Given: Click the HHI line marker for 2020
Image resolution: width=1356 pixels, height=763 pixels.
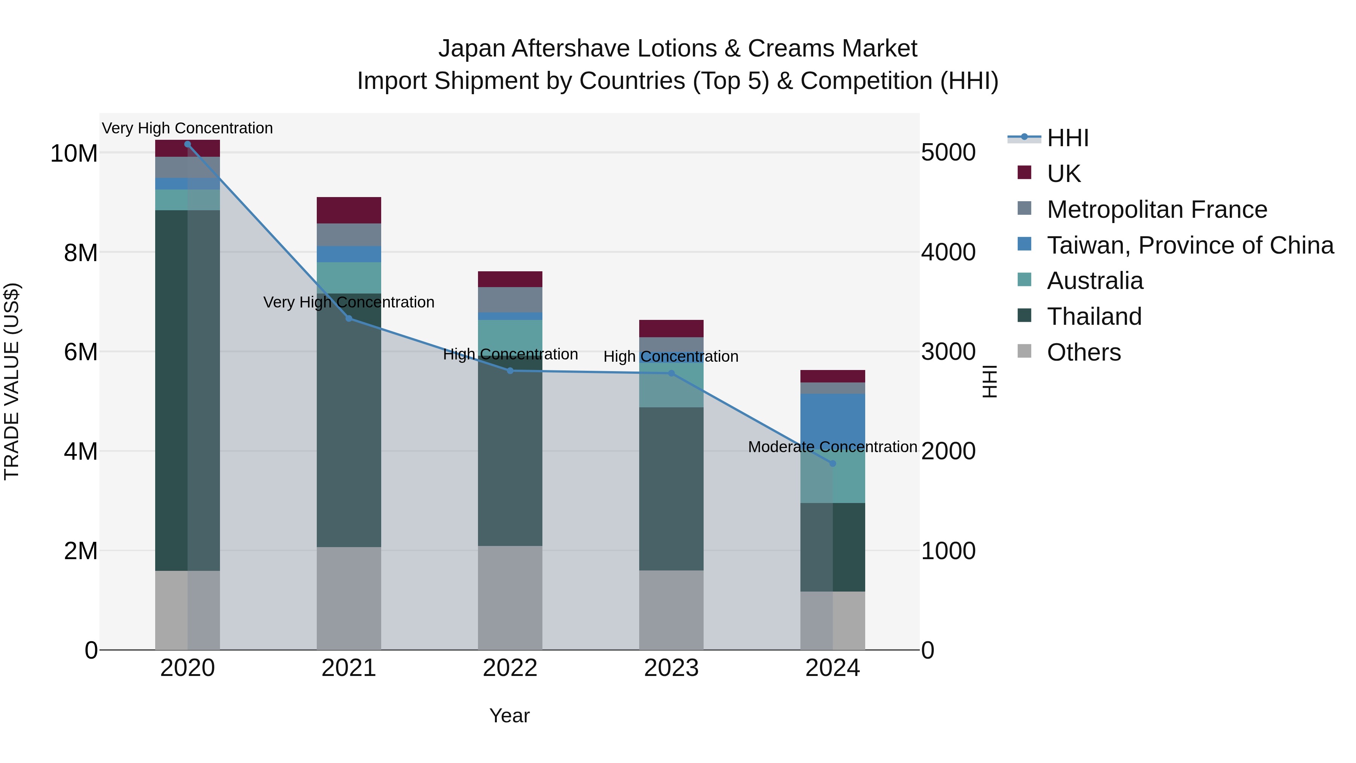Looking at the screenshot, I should click(188, 144).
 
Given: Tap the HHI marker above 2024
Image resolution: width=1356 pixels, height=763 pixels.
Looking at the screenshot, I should click(833, 463).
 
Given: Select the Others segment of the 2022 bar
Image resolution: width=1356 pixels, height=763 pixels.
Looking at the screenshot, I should click(510, 598).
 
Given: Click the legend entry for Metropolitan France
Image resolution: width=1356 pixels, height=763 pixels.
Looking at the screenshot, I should click(1156, 209).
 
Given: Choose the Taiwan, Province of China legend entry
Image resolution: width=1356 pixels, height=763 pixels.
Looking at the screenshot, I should click(1190, 245).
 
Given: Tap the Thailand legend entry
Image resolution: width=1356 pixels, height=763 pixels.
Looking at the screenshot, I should click(1094, 317).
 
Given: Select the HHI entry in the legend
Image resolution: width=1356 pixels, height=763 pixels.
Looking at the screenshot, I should click(1067, 138).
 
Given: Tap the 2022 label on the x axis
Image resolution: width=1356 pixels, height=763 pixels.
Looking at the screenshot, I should click(510, 668).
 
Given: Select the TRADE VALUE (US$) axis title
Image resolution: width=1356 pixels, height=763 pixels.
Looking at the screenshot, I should click(12, 381).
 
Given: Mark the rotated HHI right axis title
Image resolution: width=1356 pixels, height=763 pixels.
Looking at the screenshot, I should click(990, 381).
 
